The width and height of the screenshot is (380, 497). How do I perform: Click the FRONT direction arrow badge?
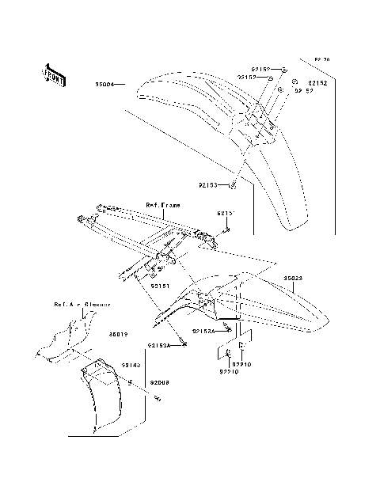53,74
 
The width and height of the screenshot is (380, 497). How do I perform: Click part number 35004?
107,82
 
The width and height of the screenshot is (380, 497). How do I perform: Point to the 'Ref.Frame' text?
162,205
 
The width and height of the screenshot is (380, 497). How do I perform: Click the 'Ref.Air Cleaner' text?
82,304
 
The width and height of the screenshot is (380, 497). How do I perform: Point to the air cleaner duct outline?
63,340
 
